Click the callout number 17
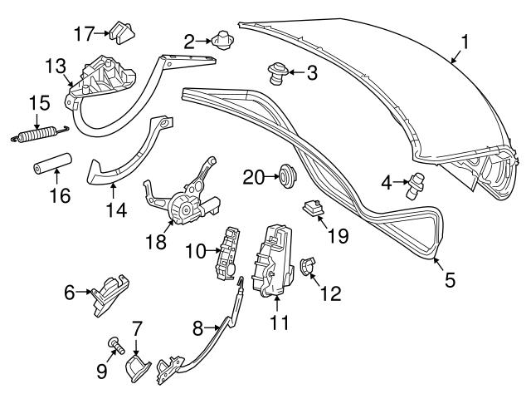tap(84, 33)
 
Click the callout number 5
tap(450, 280)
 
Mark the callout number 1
tap(466, 41)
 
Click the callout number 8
tap(197, 328)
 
